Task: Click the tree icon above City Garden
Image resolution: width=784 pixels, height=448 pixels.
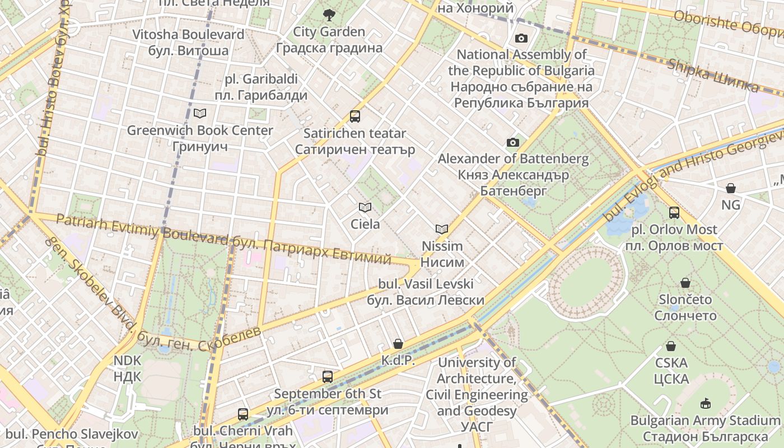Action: [329, 15]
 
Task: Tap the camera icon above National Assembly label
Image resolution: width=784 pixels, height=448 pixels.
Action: [521, 38]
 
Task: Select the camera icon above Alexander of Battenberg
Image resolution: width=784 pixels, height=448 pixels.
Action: [513, 142]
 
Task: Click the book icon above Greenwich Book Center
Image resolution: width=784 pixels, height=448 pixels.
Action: [200, 114]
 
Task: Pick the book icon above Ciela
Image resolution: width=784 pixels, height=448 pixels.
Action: [365, 208]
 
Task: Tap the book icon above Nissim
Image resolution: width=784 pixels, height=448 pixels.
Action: [442, 229]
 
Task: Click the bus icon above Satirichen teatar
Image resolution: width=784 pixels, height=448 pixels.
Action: [355, 116]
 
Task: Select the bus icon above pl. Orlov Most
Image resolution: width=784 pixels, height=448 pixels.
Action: [674, 213]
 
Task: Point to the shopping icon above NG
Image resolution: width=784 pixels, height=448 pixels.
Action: [731, 188]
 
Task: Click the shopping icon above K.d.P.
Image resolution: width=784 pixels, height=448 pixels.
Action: [398, 343]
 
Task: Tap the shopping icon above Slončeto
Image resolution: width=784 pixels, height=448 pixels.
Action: [685, 283]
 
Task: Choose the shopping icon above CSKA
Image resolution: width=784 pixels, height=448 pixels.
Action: [671, 346]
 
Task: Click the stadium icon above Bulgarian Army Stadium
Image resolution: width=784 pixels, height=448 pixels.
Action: [706, 403]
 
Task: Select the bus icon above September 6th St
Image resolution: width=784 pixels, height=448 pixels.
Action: [328, 377]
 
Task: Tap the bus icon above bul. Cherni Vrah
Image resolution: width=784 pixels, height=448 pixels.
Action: [243, 414]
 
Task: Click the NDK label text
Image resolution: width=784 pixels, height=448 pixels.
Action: [128, 368]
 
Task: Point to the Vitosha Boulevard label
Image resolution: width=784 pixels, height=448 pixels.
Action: [188, 42]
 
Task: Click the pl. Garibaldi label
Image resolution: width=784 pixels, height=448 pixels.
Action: [261, 87]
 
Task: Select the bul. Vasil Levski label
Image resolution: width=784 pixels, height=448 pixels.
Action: [426, 292]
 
